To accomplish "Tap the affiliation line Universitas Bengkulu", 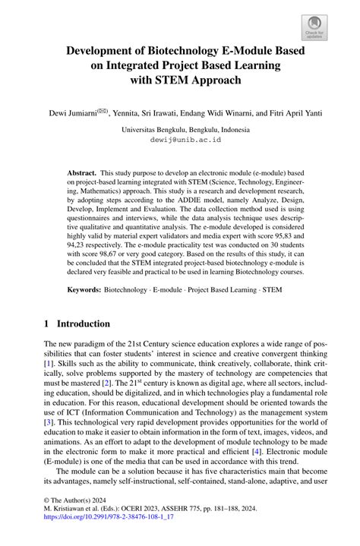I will pyautogui.click(x=180, y=130).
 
